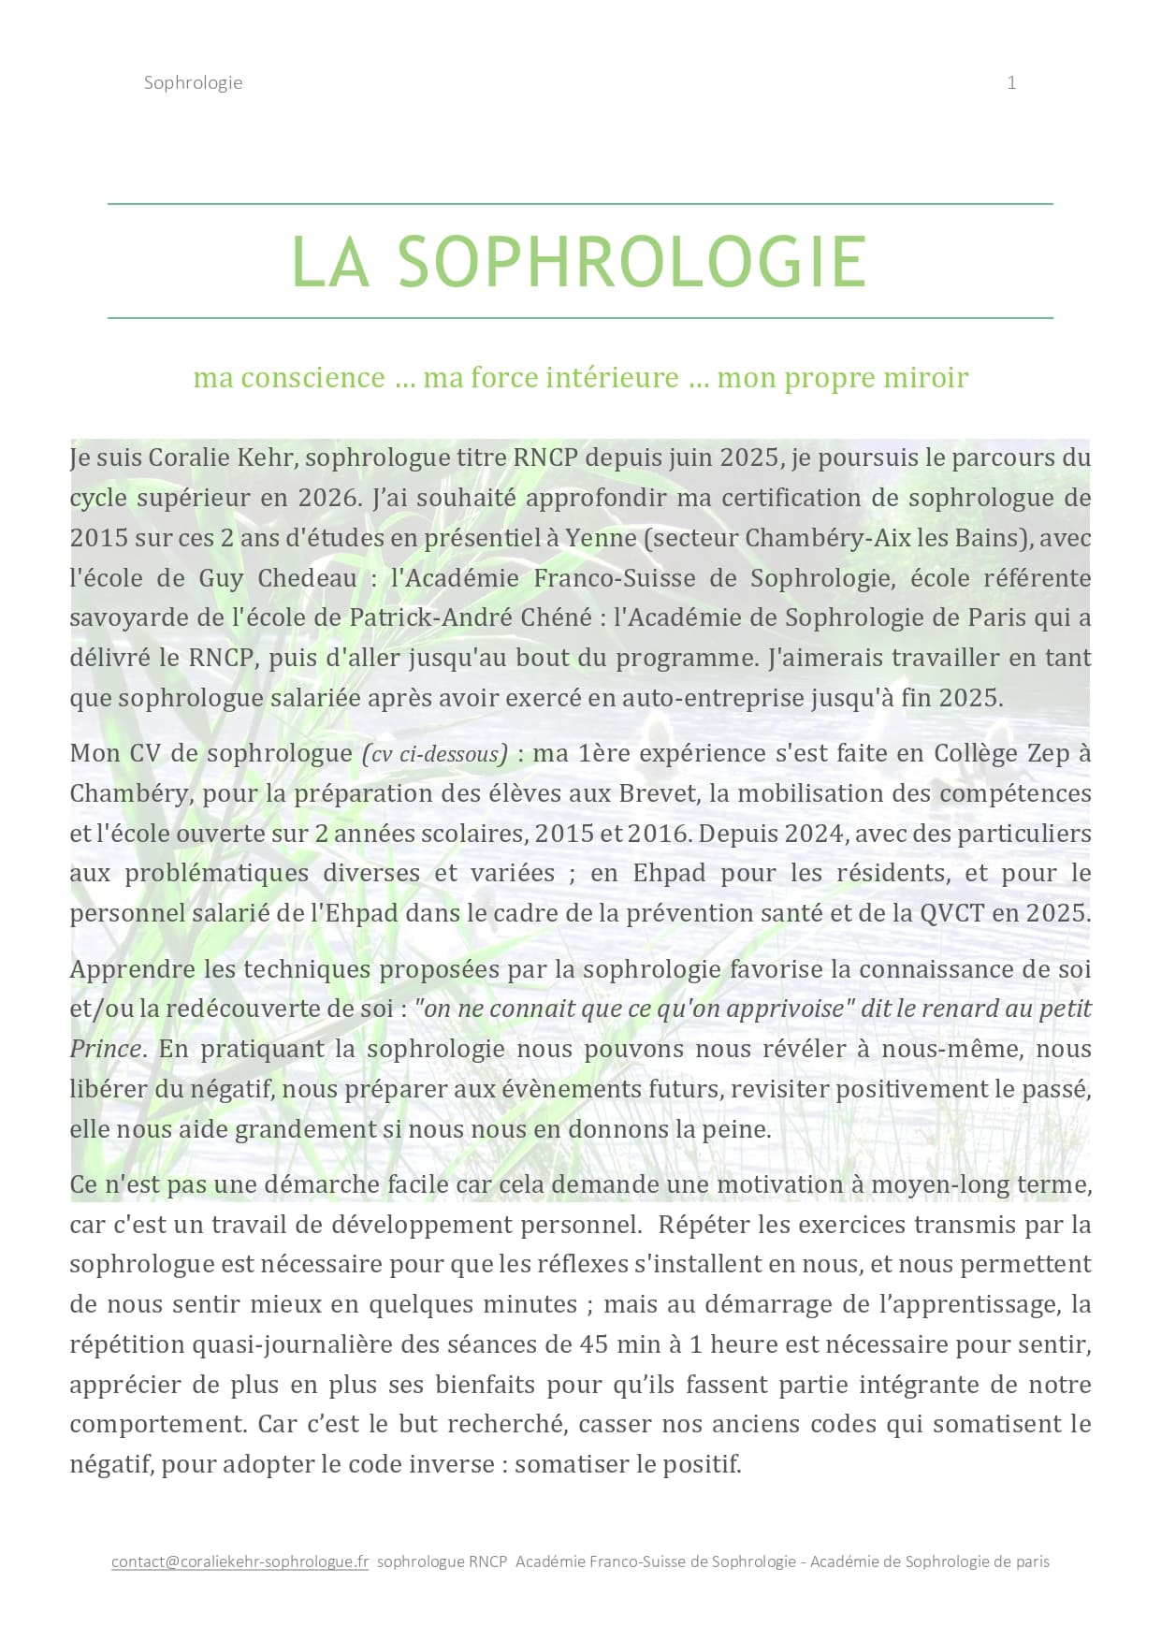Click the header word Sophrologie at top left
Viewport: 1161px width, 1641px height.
coord(193,82)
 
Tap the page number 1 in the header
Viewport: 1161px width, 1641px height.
coord(1011,82)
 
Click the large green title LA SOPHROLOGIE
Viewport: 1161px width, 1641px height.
coord(580,261)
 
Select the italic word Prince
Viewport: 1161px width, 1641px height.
coord(105,1049)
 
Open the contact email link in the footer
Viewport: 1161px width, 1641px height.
coord(239,1561)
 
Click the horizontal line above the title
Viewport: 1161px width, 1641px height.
coord(580,204)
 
